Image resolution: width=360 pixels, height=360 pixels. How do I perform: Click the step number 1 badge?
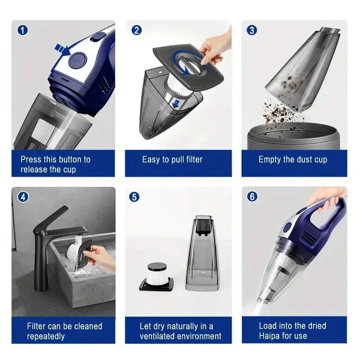coord(22,30)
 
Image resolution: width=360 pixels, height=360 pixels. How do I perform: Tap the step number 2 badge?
coord(136,30)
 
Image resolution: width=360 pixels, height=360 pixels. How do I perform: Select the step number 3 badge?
coord(252,30)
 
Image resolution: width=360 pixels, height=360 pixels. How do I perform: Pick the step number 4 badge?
coord(22,197)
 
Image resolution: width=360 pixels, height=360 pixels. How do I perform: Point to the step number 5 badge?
coord(134,197)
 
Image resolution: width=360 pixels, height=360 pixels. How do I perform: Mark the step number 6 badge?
coord(252,197)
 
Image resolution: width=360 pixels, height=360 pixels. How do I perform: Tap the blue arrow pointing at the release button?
coord(62,49)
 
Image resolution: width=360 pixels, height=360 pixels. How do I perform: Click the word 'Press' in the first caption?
coord(31,159)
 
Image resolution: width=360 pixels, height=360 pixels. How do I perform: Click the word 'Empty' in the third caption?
coord(269,159)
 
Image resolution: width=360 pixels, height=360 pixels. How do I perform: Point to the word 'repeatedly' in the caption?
coord(46,336)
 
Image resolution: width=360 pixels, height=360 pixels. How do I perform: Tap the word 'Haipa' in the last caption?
coord(270,336)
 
